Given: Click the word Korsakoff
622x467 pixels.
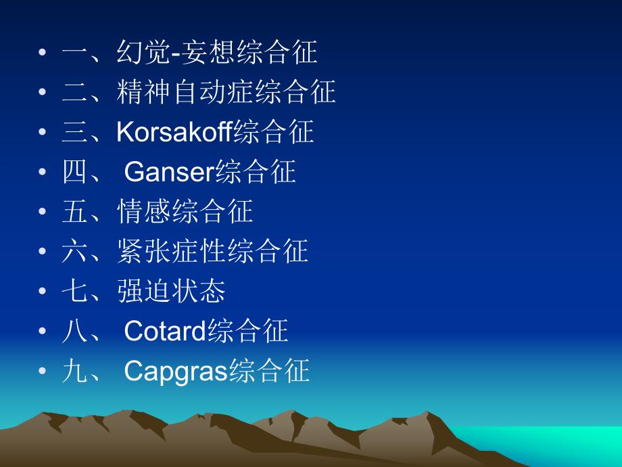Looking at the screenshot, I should tap(174, 131).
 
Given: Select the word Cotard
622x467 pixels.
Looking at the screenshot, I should tap(166, 331).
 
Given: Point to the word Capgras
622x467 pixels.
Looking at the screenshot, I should tap(176, 371).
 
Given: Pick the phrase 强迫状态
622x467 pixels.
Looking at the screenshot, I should tap(171, 292).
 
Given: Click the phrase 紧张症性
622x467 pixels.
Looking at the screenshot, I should tap(171, 252).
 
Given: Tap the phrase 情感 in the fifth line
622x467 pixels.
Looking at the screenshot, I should tap(143, 212).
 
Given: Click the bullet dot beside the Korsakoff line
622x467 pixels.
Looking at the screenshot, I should tap(43, 133).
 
